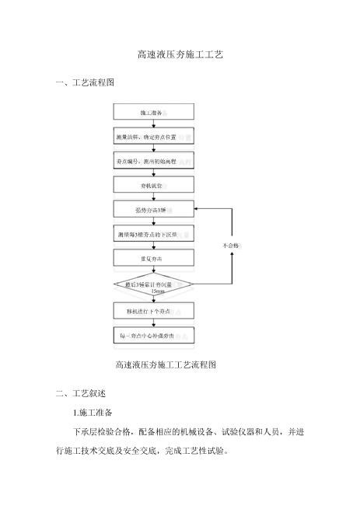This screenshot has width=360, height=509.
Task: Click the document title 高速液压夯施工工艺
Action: pos(180,56)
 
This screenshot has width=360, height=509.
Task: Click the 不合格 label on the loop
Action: pos(231,246)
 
